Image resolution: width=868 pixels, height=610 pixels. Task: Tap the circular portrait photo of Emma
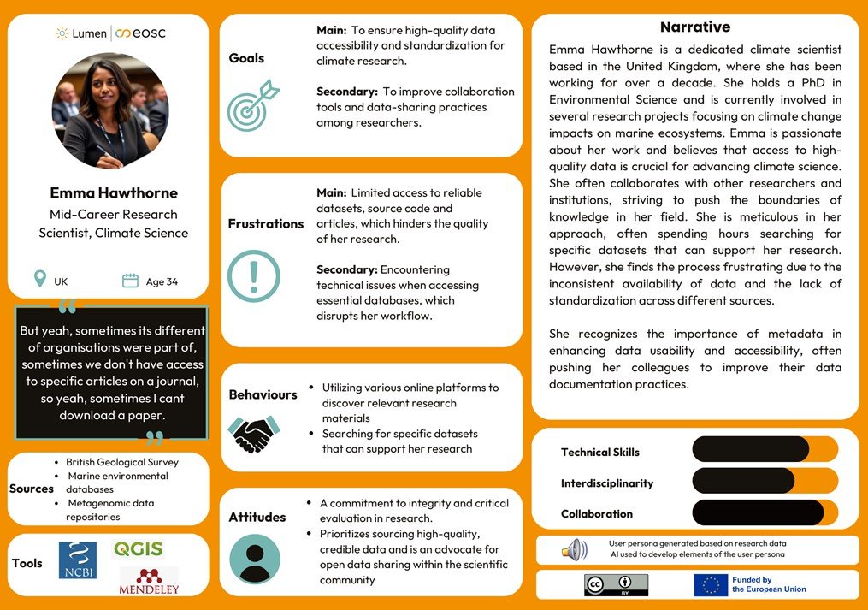[x=108, y=113]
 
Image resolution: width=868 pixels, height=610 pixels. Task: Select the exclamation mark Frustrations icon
[x=253, y=275]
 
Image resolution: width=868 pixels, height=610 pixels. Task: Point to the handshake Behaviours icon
[x=254, y=434]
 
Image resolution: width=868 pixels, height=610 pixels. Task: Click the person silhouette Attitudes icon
[x=254, y=559]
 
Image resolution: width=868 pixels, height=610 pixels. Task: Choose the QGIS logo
[x=138, y=549]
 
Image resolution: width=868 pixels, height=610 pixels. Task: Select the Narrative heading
[x=694, y=27]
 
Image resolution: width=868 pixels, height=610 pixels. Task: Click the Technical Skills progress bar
[x=765, y=449]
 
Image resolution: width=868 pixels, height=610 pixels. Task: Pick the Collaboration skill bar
[x=765, y=512]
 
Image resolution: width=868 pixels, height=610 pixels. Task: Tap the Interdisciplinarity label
[x=606, y=483]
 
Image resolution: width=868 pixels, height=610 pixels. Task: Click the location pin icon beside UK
[x=39, y=280]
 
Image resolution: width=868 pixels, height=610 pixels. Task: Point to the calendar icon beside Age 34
[x=130, y=281]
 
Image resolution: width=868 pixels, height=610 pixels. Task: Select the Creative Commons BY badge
[x=616, y=584]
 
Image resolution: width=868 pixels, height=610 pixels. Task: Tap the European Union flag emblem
[x=711, y=584]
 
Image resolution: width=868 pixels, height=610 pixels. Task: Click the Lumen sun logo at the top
[x=62, y=33]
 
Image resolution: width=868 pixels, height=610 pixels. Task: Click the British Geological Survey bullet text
[x=121, y=462]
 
